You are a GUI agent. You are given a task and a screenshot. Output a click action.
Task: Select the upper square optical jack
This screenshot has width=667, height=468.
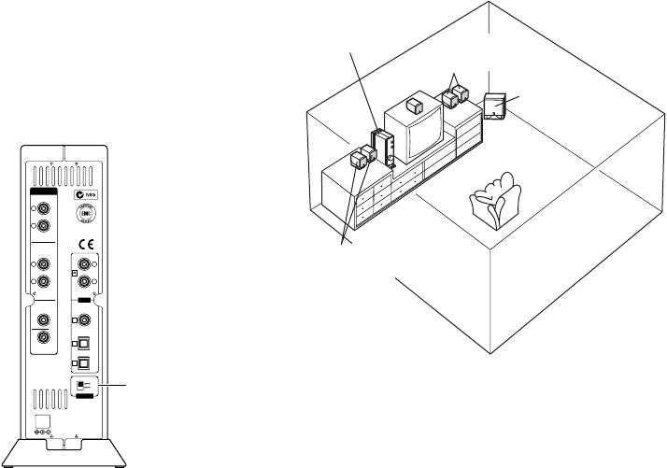point(84,343)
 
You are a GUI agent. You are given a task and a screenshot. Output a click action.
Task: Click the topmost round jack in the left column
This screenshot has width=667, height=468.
point(42,206)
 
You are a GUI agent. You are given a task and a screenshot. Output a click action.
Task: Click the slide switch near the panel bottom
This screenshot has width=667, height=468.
point(84,384)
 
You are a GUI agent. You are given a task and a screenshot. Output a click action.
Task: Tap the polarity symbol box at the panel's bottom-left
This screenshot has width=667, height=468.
point(42,431)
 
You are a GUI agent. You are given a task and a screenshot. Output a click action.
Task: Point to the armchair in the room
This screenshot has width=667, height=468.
point(495,199)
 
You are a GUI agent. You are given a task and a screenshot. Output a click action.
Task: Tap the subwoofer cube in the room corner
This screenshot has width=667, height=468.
point(496,107)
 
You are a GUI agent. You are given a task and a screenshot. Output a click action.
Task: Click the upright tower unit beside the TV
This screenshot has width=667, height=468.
point(384,148)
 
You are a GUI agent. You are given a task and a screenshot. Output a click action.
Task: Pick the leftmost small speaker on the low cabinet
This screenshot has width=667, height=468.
point(356,160)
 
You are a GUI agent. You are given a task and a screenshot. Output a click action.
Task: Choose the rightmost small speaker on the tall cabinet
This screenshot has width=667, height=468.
point(461,95)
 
